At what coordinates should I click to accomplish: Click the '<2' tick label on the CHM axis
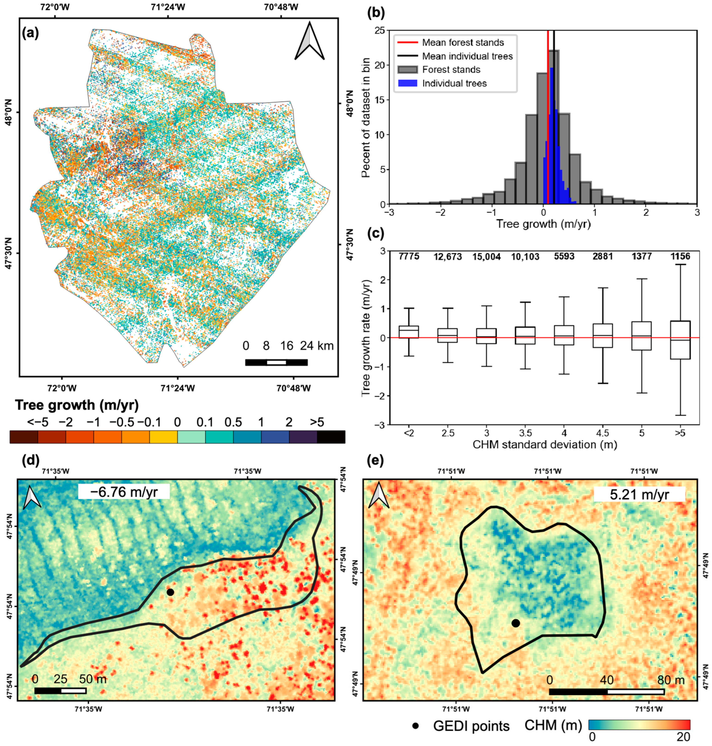point(409,433)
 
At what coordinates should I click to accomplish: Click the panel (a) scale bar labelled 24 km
point(276,362)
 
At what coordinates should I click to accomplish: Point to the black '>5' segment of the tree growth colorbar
point(331,437)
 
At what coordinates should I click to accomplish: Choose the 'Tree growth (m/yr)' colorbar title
point(77,405)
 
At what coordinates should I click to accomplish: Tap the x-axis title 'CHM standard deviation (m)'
point(545,444)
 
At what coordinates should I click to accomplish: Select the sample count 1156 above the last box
point(680,257)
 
